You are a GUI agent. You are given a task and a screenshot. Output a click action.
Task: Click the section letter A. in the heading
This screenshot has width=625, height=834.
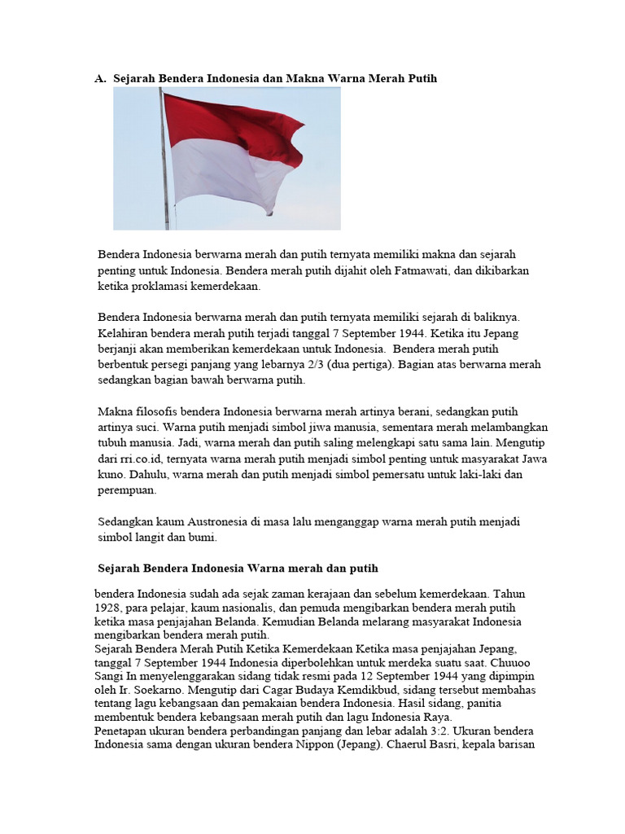tap(101, 79)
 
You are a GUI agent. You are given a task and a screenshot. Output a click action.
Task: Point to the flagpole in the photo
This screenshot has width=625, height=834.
tap(165, 163)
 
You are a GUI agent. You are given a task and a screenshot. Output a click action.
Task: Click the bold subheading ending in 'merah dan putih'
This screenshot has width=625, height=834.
tap(238, 567)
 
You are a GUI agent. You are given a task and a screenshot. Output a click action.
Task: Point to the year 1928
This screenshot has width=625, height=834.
tap(107, 608)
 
